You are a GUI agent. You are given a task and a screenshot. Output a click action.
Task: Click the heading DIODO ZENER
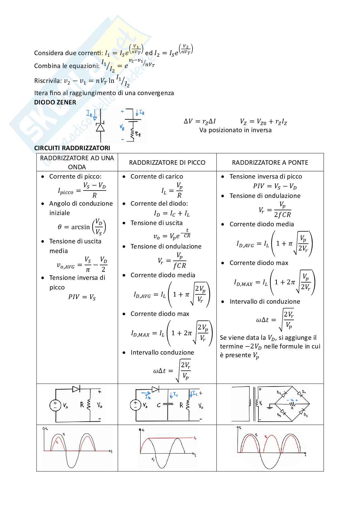55,102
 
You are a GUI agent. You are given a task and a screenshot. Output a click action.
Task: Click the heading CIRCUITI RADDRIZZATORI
72,148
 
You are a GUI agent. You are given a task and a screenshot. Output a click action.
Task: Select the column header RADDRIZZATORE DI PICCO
167,162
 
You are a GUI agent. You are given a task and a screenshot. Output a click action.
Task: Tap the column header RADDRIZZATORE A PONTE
270,162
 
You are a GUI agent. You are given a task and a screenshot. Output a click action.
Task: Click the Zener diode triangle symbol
100,128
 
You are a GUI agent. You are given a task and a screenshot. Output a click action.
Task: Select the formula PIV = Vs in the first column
82,297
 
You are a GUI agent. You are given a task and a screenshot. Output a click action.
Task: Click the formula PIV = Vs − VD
275,186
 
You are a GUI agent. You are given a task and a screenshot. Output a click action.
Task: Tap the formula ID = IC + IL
172,213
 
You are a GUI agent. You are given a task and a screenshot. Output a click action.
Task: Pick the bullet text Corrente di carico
156,176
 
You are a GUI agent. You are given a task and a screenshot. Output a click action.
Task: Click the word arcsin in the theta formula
80,227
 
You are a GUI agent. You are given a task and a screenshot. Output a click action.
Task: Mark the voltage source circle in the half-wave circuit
55,405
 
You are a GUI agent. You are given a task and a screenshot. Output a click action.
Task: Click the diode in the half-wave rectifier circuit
76,389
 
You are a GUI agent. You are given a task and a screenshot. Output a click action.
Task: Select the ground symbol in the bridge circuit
270,407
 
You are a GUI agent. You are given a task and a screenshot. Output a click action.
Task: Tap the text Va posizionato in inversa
235,130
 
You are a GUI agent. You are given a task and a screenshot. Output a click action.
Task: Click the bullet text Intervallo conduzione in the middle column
162,352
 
